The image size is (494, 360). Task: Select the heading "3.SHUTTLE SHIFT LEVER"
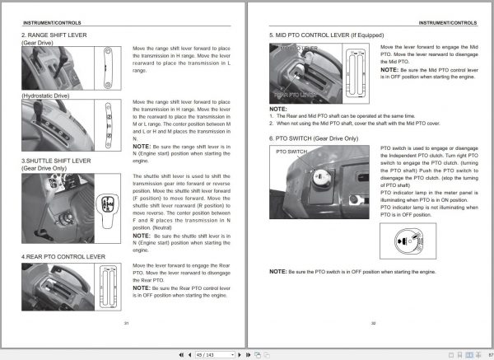57,161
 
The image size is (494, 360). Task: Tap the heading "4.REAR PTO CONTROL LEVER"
63,257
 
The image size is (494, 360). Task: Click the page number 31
126,322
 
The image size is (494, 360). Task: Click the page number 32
372,322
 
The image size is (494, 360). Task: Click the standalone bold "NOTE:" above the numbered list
278,109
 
